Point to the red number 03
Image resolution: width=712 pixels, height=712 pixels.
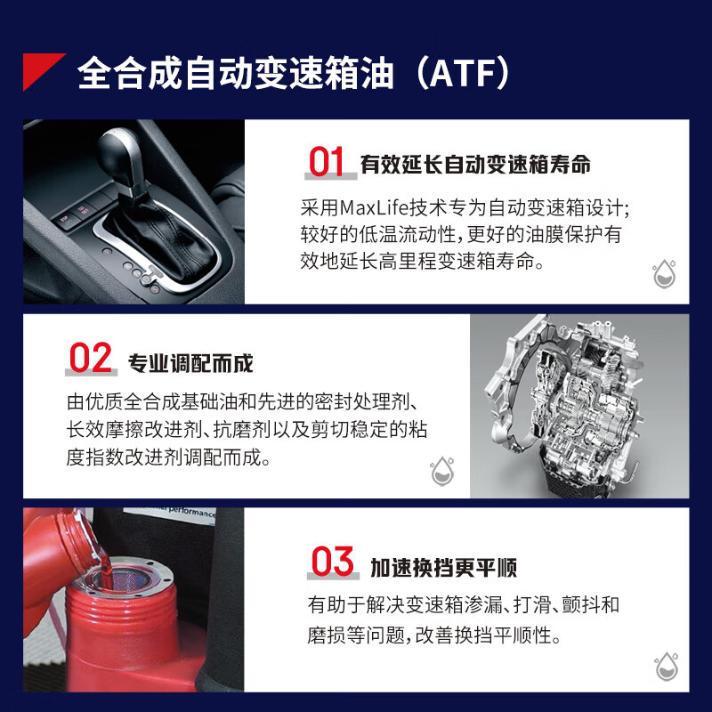click(x=333, y=562)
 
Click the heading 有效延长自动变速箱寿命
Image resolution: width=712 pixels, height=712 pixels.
click(x=475, y=165)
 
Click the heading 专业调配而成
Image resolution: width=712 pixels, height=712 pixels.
click(x=191, y=363)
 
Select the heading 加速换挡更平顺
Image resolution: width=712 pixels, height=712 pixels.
click(x=443, y=568)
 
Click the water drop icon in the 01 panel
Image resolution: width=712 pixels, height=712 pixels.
click(x=663, y=273)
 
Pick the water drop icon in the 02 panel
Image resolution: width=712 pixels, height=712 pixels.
click(x=441, y=471)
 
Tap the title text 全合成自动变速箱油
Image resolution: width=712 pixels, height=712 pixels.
click(x=236, y=74)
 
